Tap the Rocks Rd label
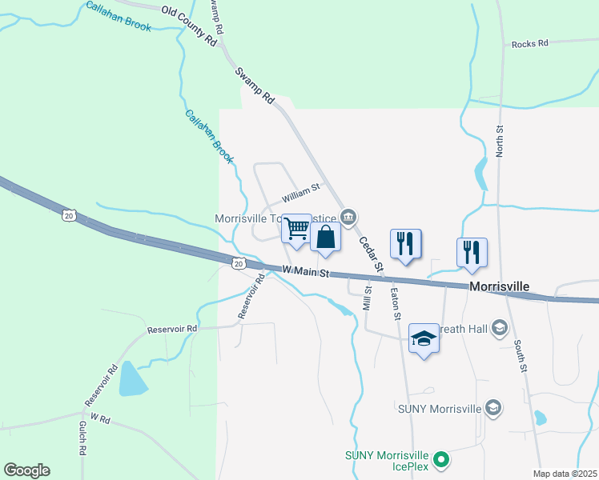pyautogui.click(x=529, y=44)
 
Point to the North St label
pyautogui.click(x=499, y=140)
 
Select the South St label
pyautogui.click(x=521, y=358)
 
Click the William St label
pyautogui.click(x=300, y=193)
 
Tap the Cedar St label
pyautogui.click(x=371, y=254)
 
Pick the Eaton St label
pyautogui.click(x=395, y=305)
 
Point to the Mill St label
pyautogui.click(x=368, y=298)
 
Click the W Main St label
pyautogui.click(x=306, y=272)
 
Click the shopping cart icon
pyautogui.click(x=297, y=229)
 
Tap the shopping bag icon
pyautogui.click(x=326, y=238)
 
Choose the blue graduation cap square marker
pyautogui.click(x=424, y=338)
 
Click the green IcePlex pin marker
pyautogui.click(x=440, y=460)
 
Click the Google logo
pyautogui.click(x=26, y=470)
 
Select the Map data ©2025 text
pyautogui.click(x=565, y=474)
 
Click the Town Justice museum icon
pyautogui.click(x=348, y=217)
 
